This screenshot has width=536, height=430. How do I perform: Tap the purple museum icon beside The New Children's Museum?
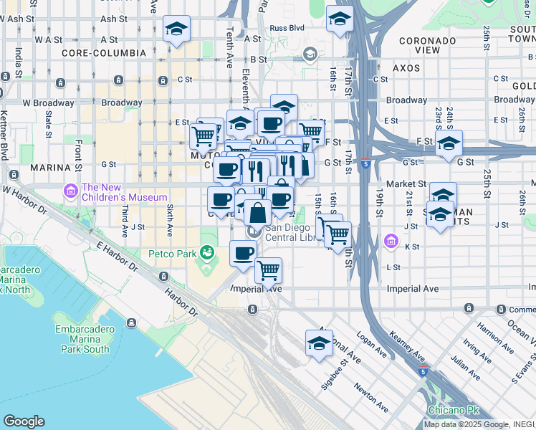(71, 191)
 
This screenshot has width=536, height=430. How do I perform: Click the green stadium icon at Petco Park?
(207, 252)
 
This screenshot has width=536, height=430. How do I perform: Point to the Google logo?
(24, 421)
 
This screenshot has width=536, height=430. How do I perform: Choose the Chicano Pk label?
(449, 410)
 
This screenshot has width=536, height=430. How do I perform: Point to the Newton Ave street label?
(371, 397)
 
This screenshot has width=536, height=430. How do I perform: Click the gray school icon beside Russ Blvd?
(310, 54)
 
